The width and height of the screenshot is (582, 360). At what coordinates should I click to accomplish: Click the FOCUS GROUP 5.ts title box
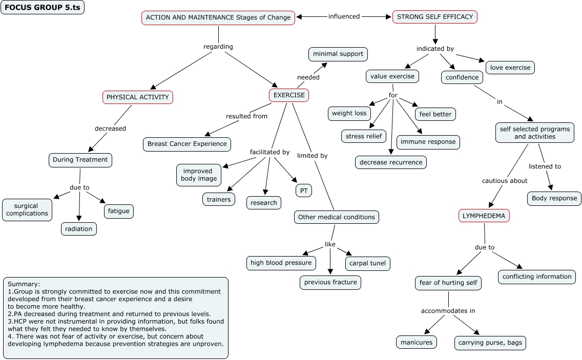pos(43,7)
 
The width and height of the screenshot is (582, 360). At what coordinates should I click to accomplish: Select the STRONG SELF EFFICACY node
pos(435,17)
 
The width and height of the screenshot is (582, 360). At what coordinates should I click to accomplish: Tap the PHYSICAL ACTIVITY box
pos(137,97)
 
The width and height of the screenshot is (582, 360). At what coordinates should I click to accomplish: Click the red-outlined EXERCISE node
pos(289,95)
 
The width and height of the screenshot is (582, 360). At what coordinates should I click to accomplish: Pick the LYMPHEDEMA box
pos(484,216)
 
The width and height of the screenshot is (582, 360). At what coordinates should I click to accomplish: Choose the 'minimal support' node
pos(338,54)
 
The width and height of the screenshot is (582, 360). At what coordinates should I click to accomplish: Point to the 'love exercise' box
pos(510,67)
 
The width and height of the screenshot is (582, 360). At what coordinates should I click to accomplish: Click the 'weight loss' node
pos(349,113)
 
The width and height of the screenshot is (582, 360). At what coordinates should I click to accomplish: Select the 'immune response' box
pos(428,142)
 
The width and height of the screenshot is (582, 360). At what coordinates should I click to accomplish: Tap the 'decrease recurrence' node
pos(391,162)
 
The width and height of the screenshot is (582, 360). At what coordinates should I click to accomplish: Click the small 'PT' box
pos(304,190)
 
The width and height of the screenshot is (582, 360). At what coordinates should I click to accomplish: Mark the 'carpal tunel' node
pos(367,264)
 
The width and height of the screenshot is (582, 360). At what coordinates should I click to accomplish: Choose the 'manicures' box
pos(417,342)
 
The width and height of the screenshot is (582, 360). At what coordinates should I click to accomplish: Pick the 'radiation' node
pos(79,229)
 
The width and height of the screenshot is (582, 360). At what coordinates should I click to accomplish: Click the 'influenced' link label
pos(344,16)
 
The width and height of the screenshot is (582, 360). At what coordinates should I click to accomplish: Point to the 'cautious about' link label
pos(505,180)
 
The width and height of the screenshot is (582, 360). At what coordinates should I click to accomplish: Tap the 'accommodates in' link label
pos(448,310)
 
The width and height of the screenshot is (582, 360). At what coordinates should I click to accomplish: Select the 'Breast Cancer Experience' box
pos(187,144)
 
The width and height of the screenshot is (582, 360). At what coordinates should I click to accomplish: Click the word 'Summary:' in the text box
pos(24,284)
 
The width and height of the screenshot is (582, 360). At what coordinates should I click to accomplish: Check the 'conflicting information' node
pos(537,277)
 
